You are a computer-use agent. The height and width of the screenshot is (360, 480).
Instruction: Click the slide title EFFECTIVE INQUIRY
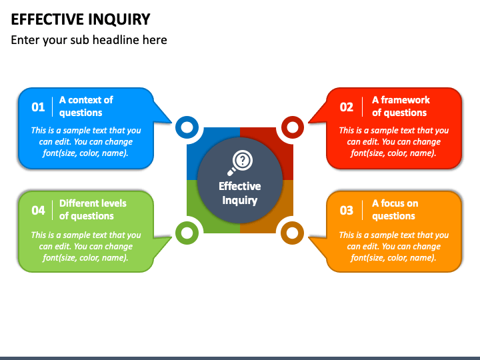[81, 19]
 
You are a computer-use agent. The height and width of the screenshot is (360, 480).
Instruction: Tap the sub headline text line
[89, 40]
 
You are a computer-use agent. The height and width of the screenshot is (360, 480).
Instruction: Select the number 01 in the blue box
[38, 107]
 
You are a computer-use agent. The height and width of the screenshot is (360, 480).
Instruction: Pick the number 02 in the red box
[346, 107]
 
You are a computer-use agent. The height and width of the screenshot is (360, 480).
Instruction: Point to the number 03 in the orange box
[346, 210]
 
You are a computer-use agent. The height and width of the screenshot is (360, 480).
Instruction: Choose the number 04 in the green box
[38, 210]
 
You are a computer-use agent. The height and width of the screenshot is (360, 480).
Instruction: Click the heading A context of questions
[86, 106]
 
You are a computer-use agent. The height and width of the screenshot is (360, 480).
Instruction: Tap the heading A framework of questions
[401, 106]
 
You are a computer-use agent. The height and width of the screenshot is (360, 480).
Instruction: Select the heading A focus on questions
[395, 210]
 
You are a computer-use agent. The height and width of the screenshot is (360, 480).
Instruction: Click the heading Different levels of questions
[93, 210]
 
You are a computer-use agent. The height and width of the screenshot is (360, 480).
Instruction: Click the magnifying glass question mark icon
[240, 163]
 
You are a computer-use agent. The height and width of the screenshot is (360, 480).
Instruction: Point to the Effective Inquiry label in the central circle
[240, 193]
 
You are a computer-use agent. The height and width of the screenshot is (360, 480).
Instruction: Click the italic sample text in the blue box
[86, 142]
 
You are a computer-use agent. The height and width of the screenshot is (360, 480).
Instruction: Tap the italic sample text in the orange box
[394, 247]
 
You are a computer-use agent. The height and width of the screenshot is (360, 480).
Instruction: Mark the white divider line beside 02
[362, 107]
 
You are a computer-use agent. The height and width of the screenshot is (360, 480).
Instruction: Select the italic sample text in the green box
[86, 247]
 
